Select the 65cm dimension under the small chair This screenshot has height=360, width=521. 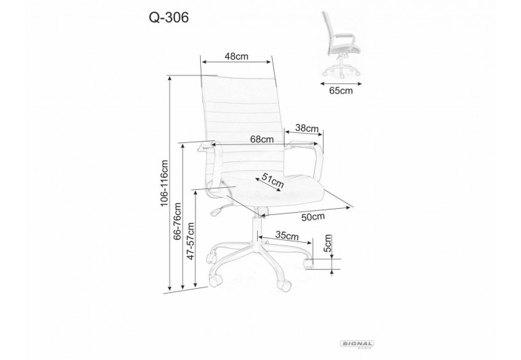341,89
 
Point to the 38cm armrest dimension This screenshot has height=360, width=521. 307,128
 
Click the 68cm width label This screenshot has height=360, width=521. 261,139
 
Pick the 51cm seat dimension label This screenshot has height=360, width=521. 272,181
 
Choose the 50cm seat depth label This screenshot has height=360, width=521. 313,217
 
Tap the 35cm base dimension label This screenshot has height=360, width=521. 287,236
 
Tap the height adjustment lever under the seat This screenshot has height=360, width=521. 218,208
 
